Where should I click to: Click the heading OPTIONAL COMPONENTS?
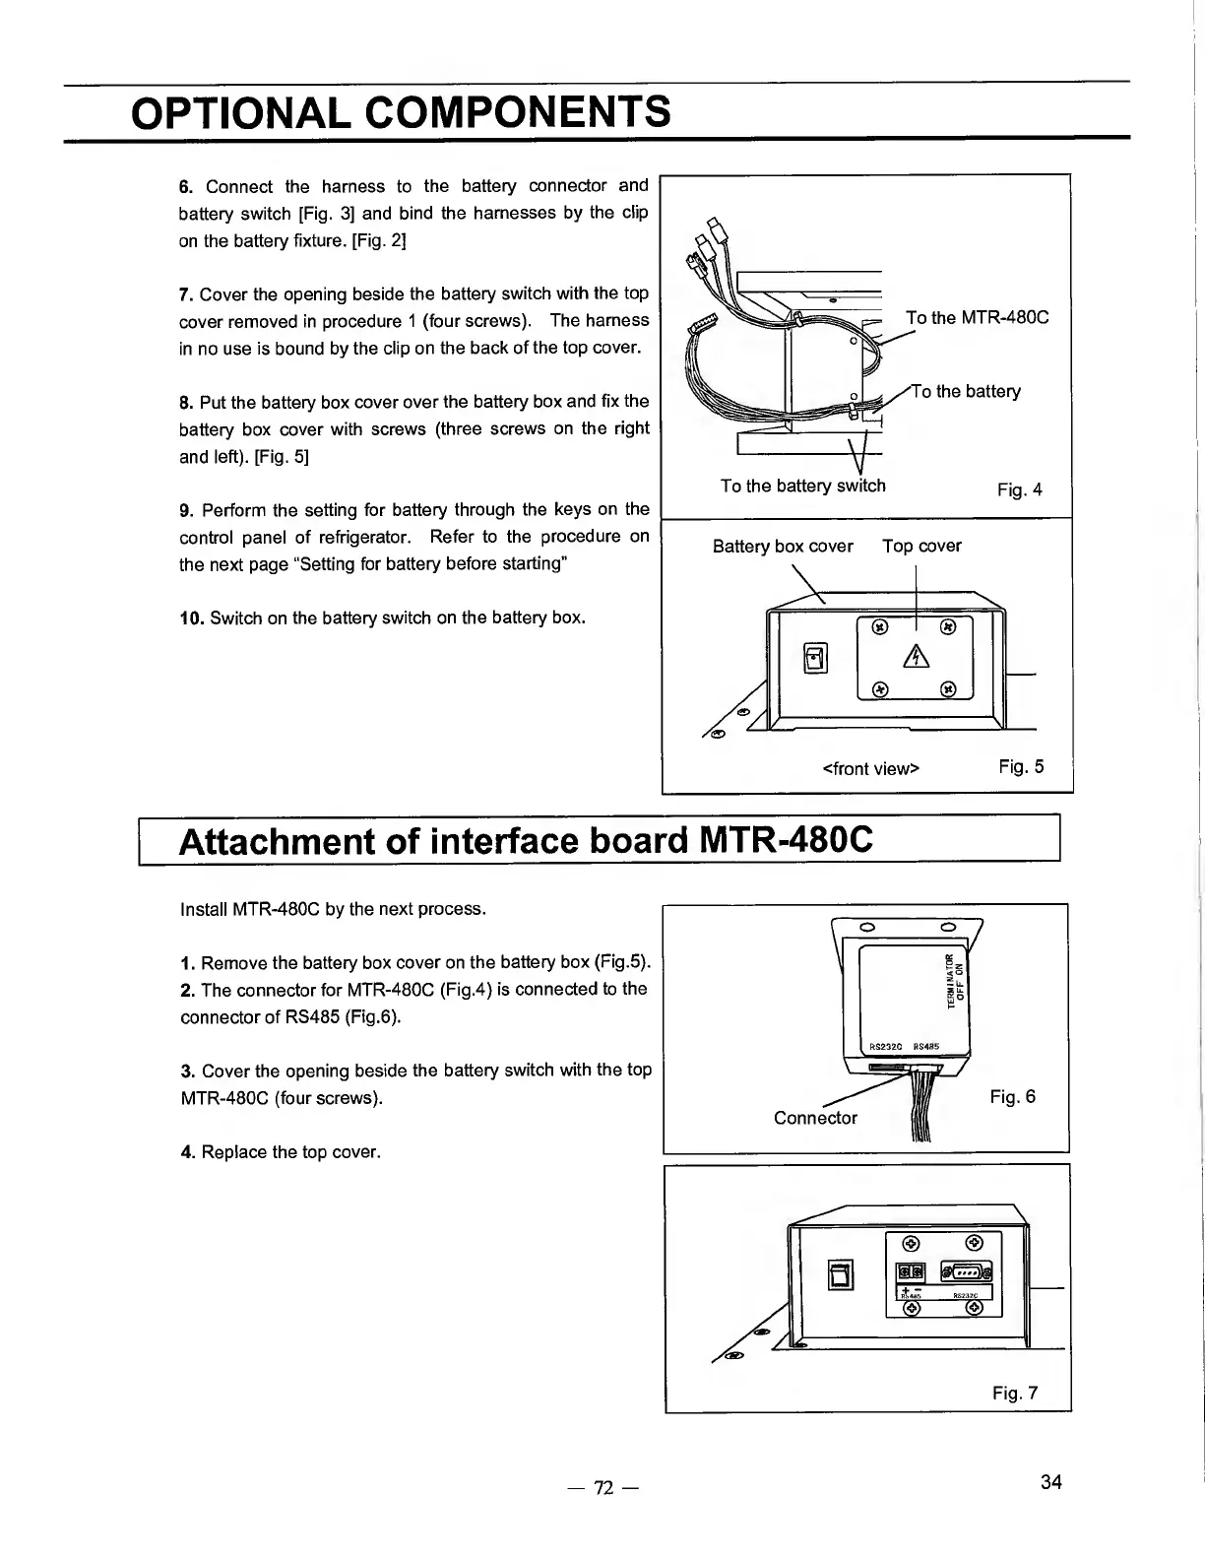click(401, 112)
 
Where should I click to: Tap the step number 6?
click(184, 186)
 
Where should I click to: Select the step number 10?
click(190, 618)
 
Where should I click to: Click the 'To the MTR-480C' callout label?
click(977, 317)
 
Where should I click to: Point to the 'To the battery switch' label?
click(802, 486)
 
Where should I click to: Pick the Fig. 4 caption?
click(1019, 489)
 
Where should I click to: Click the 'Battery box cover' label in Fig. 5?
click(783, 546)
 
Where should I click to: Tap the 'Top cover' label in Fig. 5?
click(921, 546)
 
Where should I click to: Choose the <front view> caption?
click(870, 768)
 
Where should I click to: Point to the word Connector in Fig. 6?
click(815, 1118)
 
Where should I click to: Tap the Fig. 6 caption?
click(1013, 1097)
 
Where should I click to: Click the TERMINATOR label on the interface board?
click(951, 979)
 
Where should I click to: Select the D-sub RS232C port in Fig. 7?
click(967, 1272)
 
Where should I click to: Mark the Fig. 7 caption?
click(1015, 1393)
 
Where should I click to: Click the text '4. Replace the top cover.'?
click(281, 1152)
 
